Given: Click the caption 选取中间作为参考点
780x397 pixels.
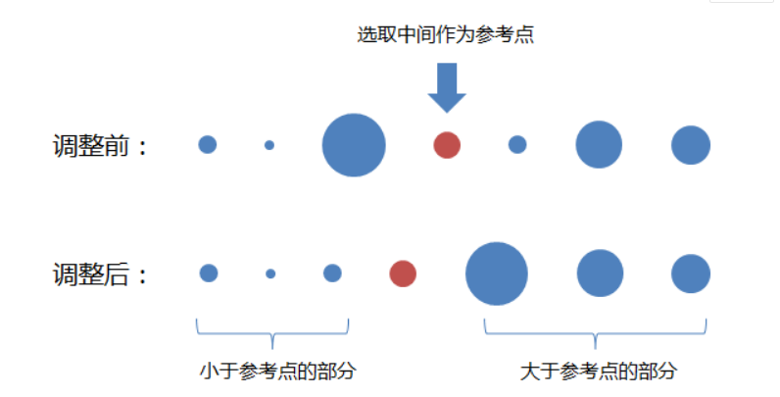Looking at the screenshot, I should (x=445, y=35).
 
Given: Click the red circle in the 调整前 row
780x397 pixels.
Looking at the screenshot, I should (x=447, y=145).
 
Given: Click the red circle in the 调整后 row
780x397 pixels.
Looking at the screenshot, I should (x=403, y=273).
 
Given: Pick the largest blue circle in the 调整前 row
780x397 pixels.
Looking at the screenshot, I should (x=354, y=145).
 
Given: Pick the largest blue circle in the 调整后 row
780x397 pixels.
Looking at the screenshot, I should (x=497, y=273).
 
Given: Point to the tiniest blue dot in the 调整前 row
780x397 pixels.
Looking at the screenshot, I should (x=269, y=145).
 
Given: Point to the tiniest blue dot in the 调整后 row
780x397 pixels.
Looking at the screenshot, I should (x=270, y=273).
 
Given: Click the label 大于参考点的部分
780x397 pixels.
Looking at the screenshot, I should (x=598, y=372).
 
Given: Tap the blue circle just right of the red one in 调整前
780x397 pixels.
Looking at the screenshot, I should (x=517, y=145).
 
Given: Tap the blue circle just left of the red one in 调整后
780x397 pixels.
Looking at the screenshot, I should (x=332, y=273).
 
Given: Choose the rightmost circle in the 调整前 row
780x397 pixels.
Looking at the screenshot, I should (x=691, y=145).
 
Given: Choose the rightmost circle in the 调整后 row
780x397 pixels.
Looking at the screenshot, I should (x=691, y=273).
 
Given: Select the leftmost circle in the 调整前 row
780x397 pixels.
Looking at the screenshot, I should (x=207, y=145).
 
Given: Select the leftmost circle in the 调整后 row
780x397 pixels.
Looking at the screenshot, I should (x=209, y=273).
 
